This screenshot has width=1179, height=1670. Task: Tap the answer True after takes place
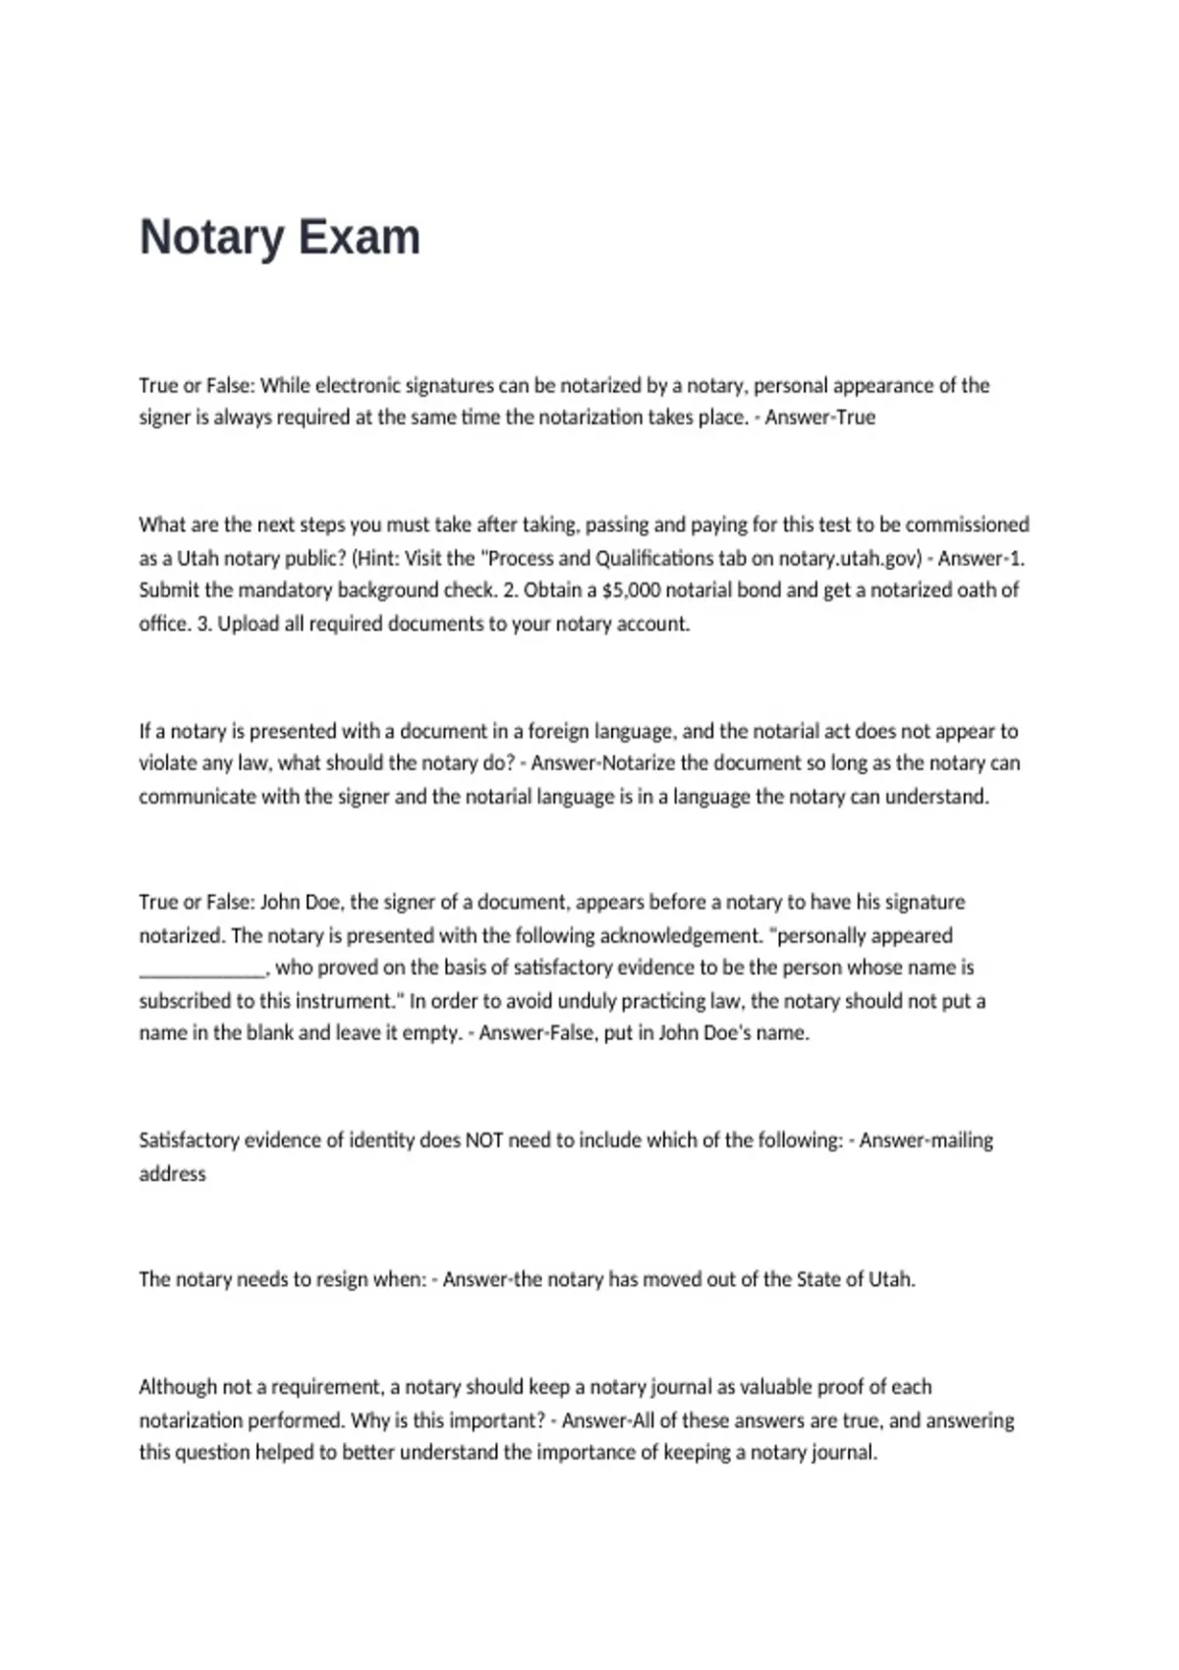(855, 417)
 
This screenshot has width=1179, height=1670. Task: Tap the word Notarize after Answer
(638, 763)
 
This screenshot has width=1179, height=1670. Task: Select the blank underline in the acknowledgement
(201, 969)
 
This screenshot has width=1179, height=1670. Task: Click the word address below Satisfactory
(172, 1174)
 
